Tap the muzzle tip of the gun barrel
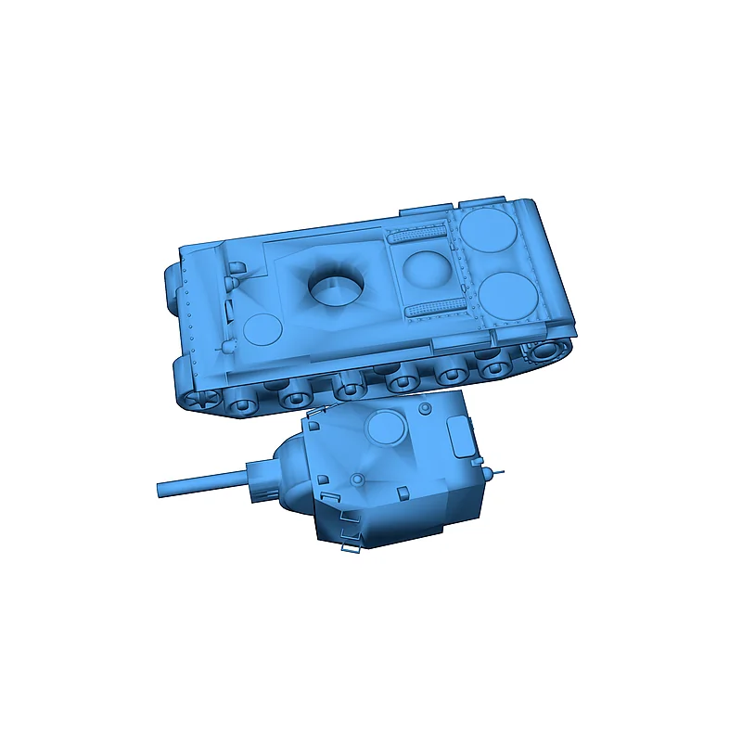pos(160,488)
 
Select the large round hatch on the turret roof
pos(386,428)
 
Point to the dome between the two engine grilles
pos(428,269)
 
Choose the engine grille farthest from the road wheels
pos(418,235)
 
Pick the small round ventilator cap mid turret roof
pos(357,479)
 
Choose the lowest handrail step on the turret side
pos(352,546)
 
